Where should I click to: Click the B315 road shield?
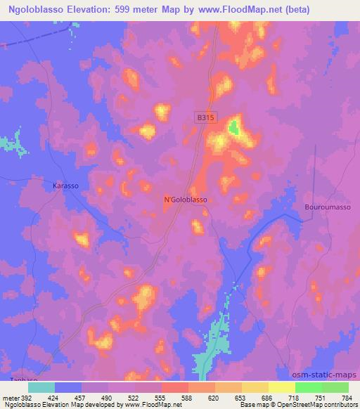pos(205,119)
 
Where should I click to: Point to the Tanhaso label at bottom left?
pos(21,380)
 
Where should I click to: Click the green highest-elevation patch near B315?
pos(233,128)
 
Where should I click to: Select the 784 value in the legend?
pos(347,397)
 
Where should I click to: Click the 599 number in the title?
pos(129,9)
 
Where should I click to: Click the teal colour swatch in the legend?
pos(41,387)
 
